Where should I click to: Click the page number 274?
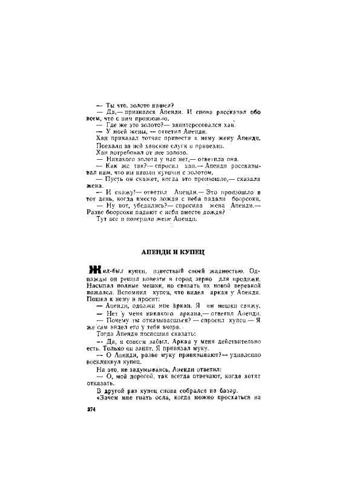pyautogui.click(x=93, y=409)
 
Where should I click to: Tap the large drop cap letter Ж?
pyautogui.click(x=94, y=270)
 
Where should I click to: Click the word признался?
pyautogui.click(x=145, y=111)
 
